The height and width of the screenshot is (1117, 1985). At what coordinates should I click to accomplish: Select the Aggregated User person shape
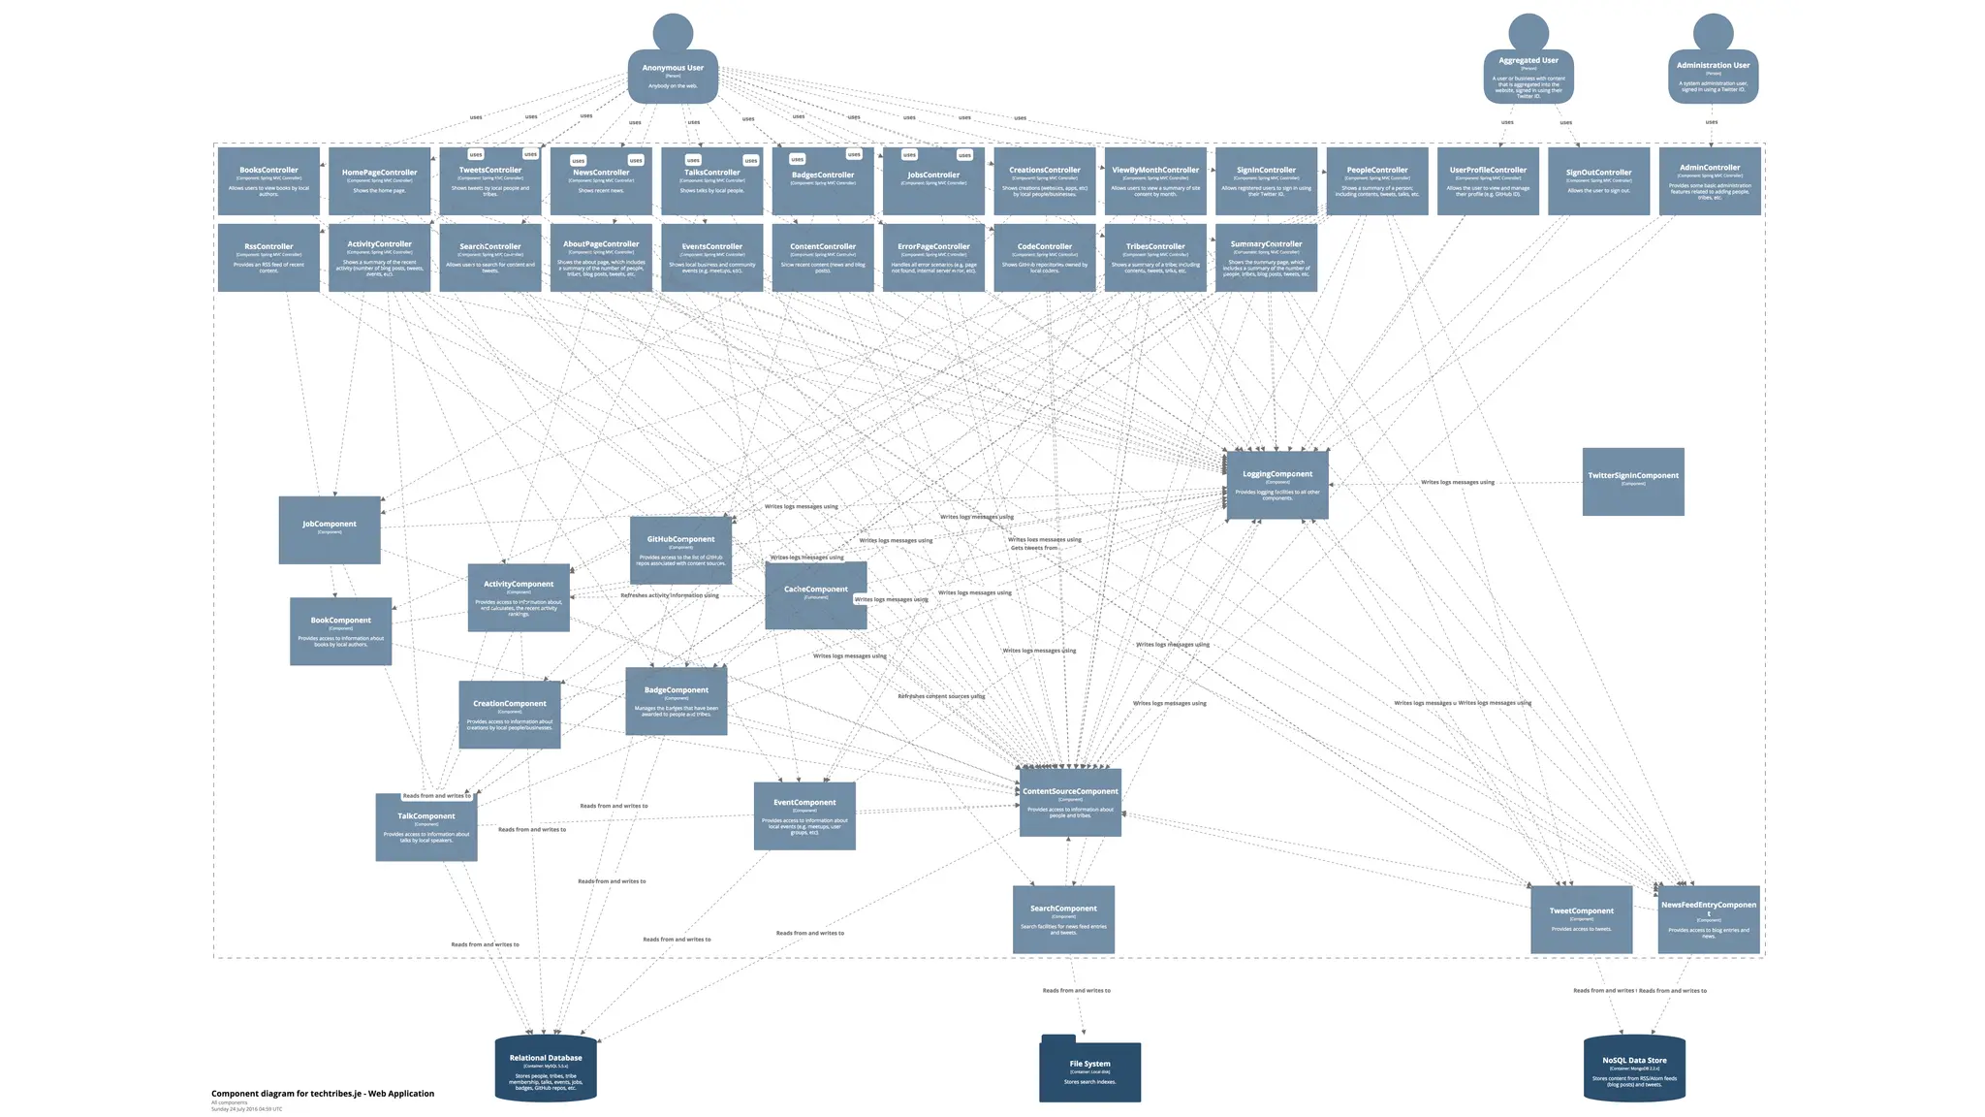click(x=1528, y=77)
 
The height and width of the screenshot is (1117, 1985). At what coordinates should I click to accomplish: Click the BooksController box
click(x=268, y=181)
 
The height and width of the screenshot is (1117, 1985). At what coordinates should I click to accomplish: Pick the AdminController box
click(x=1710, y=181)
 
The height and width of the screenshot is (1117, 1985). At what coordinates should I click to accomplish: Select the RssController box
click(x=268, y=258)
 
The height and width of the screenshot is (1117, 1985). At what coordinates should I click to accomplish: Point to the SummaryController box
click(x=1266, y=258)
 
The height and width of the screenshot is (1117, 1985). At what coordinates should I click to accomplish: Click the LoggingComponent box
click(x=1277, y=485)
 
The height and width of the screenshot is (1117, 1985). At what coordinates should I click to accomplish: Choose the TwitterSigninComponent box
click(x=1633, y=482)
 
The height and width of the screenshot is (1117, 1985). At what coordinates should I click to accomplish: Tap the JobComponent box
click(x=330, y=529)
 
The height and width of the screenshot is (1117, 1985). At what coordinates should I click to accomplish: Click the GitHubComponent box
click(x=680, y=550)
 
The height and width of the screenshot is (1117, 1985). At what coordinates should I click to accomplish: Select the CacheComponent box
click(x=816, y=595)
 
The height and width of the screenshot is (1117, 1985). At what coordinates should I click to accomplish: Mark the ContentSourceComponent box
click(x=1070, y=803)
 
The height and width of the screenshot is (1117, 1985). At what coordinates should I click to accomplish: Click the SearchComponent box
click(x=1063, y=919)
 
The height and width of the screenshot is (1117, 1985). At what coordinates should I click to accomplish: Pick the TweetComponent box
click(x=1581, y=919)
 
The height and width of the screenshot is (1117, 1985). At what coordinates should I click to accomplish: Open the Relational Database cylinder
click(x=546, y=1069)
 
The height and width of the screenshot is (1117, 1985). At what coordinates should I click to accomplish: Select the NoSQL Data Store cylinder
click(x=1634, y=1069)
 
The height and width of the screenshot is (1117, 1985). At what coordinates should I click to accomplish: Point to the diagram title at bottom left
click(x=323, y=1094)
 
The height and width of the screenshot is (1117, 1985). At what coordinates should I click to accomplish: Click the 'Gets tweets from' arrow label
click(x=1034, y=548)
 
